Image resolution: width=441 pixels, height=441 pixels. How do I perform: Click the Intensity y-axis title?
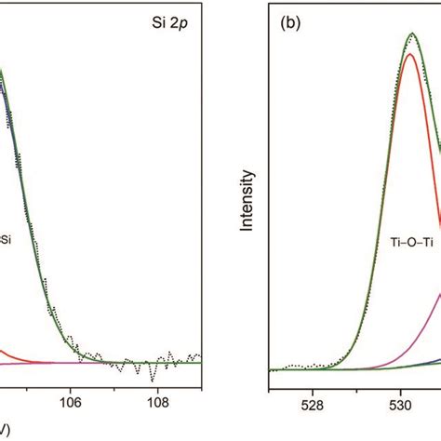pyautogui.click(x=247, y=198)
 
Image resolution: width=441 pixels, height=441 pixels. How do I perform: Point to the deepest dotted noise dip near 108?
pyautogui.click(x=151, y=379)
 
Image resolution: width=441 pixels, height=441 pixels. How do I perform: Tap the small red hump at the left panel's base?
pyautogui.click(x=5, y=353)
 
